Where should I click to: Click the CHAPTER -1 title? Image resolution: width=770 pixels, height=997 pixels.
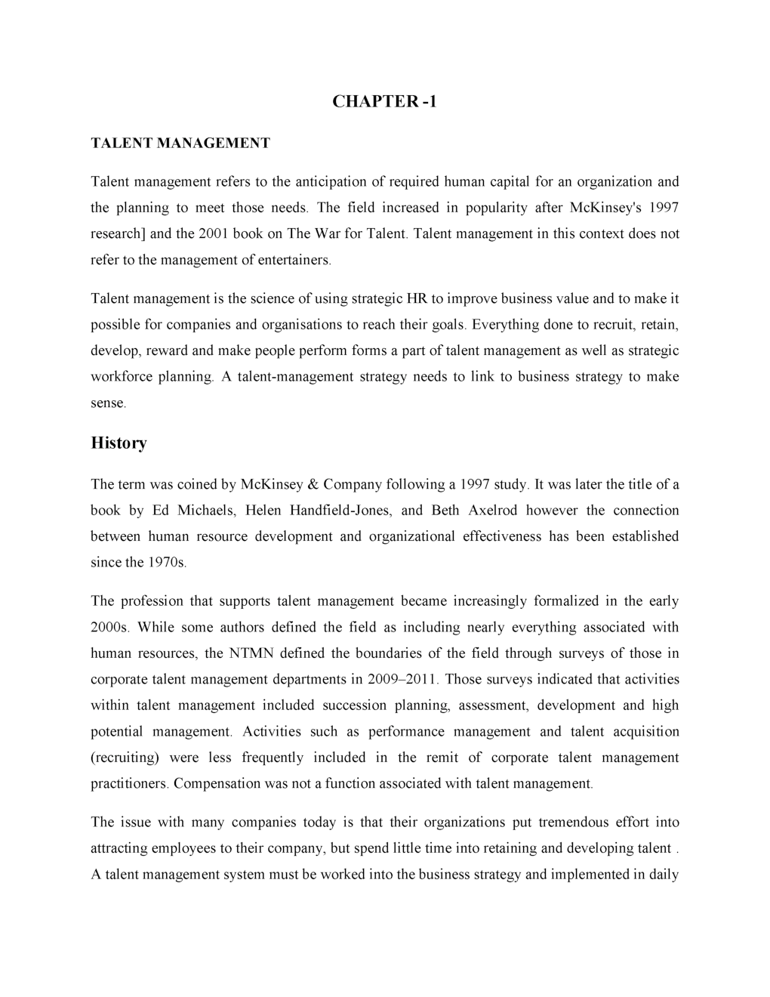384,102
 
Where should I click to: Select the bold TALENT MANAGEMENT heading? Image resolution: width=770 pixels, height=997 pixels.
180,143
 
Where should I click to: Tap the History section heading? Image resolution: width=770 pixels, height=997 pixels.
119,443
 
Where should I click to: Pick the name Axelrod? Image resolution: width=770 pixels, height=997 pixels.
492,511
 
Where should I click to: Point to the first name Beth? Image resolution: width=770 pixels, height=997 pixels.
445,511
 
